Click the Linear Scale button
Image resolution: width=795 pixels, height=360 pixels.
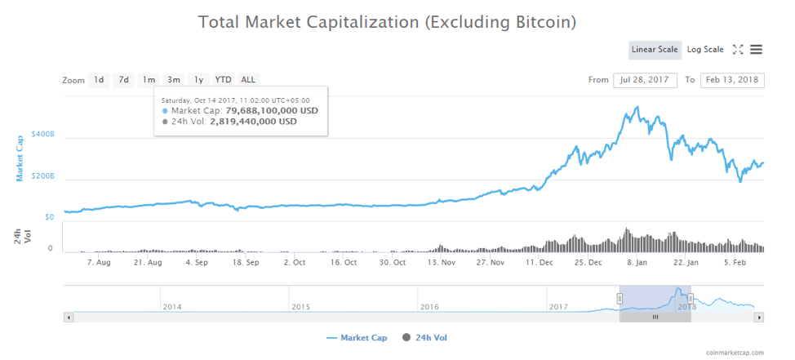655,50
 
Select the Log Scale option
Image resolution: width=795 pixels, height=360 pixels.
705,50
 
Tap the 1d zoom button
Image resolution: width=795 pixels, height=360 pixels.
99,80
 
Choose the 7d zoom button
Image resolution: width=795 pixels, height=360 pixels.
123,80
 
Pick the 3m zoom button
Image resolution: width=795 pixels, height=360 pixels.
174,80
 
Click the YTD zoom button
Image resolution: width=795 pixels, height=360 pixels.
223,80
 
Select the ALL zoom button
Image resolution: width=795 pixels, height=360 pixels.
248,80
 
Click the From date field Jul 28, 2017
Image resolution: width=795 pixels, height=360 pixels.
645,80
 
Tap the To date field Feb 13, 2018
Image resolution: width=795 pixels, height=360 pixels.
731,80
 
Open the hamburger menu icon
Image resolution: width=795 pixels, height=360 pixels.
757,50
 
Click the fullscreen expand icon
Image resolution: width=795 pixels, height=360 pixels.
738,50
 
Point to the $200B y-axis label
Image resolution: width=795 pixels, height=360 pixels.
42,176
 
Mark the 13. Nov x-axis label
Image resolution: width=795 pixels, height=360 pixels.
442,263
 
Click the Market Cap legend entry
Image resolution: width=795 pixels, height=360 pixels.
356,337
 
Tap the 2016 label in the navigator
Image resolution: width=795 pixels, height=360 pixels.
430,307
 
